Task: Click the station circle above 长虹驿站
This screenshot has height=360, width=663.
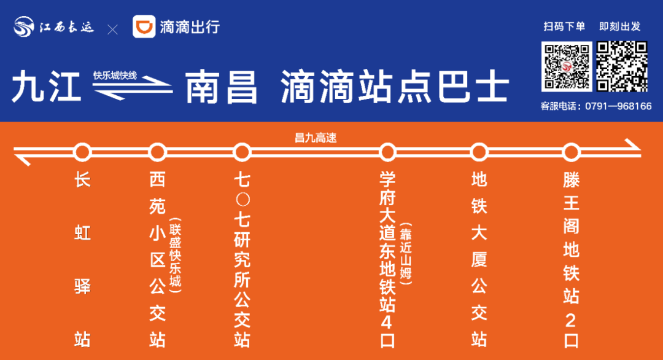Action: tap(82, 151)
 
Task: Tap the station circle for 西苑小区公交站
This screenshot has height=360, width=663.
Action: tap(158, 151)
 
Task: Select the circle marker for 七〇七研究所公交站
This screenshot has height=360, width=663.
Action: tap(242, 151)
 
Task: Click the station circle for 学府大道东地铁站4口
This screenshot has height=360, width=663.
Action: tap(387, 151)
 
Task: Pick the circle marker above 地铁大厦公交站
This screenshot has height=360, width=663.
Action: tap(479, 151)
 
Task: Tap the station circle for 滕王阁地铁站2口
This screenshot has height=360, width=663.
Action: tap(572, 151)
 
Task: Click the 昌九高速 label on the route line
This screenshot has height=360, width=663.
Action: tap(316, 138)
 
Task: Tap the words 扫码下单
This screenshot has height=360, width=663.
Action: tap(564, 26)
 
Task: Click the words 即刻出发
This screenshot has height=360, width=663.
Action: tap(620, 26)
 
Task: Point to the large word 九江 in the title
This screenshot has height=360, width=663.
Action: tap(46, 88)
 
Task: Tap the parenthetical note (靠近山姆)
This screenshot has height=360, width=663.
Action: tap(406, 255)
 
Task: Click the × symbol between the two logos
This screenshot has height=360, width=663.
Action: tap(113, 29)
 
